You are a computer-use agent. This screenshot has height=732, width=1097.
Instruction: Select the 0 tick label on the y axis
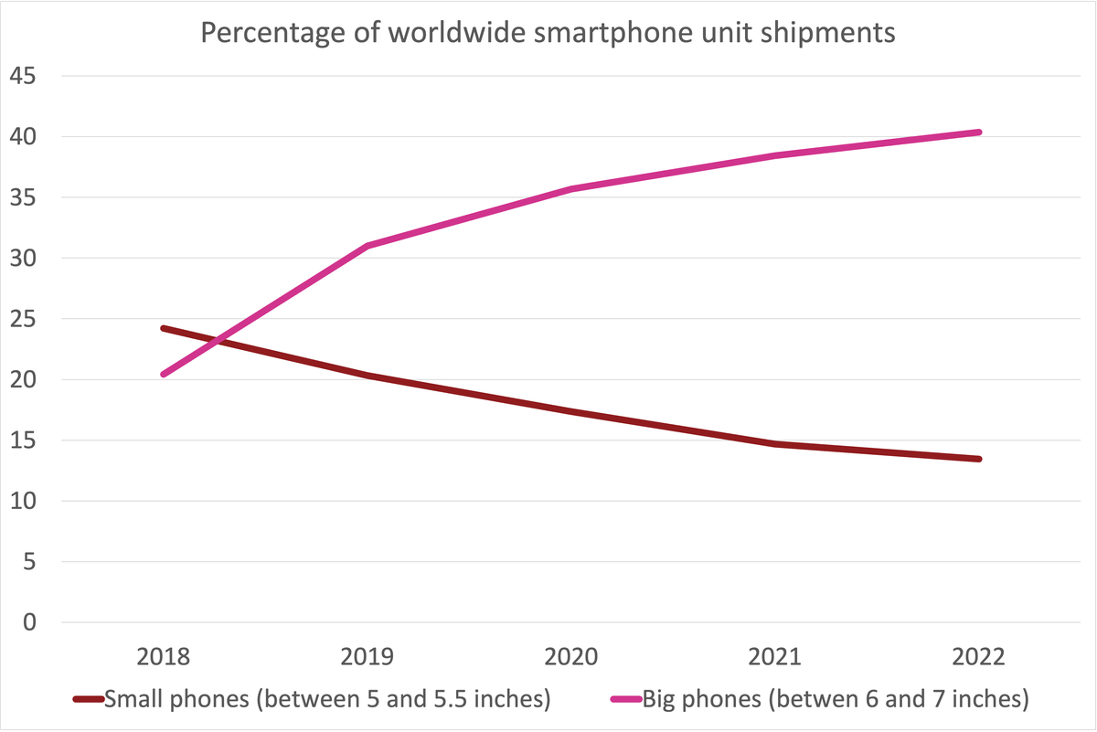pos(30,622)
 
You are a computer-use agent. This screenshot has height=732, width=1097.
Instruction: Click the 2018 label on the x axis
pos(163,657)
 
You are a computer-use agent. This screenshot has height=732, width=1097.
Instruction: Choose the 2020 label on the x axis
pos(571,657)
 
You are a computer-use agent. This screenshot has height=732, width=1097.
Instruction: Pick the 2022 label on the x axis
pos(980,657)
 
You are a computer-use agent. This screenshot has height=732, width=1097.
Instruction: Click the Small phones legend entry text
pos(327,700)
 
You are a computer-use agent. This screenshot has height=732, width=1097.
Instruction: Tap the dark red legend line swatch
pos(88,701)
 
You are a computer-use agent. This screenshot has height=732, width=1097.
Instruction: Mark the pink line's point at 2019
pos(367,246)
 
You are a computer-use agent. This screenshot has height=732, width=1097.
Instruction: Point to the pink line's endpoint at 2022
pos(979,133)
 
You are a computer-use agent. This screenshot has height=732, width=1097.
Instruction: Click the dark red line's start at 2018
pos(163,328)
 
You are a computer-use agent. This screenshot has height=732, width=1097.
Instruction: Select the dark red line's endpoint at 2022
pos(979,459)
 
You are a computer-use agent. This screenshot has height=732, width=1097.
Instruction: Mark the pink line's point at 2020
pos(571,189)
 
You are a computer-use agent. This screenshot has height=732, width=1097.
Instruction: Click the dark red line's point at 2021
pos(775,444)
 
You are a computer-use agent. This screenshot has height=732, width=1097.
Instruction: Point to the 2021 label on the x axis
pos(775,657)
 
